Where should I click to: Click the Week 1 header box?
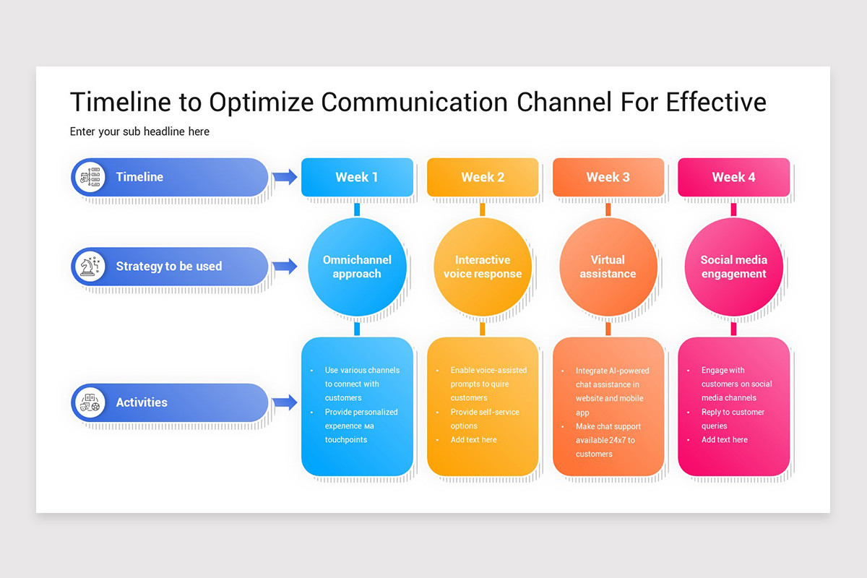point(357,177)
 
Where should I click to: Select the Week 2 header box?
point(483,177)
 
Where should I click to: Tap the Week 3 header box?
point(608,177)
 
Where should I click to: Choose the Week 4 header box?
point(733,177)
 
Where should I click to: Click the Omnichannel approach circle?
point(357,267)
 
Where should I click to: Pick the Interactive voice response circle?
point(483,267)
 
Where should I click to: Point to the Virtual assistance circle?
point(608,267)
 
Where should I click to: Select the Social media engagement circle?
point(733,267)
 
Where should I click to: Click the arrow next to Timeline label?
point(285,176)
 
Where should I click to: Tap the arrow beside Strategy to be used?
point(285,266)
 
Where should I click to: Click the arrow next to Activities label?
point(285,402)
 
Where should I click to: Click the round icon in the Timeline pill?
point(90,177)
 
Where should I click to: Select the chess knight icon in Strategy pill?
point(90,266)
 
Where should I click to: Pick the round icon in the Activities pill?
point(90,402)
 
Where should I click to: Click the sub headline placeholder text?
point(139,131)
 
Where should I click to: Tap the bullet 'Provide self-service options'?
point(484,418)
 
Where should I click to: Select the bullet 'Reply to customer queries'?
point(732,418)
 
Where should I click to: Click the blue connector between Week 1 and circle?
point(357,210)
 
